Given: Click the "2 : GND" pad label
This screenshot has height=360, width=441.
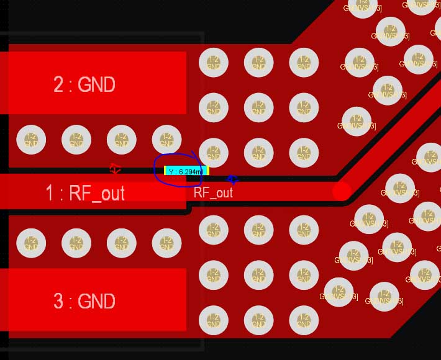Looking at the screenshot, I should coord(84,84).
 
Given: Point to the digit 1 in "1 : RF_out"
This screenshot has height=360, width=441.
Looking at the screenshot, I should coord(50,193).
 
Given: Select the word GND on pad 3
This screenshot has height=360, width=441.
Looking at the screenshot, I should coord(96,302).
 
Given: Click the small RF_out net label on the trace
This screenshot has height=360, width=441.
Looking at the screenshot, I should coord(213,192).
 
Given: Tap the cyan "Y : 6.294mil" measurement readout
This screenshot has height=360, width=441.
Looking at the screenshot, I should coord(186,171).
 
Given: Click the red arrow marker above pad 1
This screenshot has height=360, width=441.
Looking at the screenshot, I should coord(115,168).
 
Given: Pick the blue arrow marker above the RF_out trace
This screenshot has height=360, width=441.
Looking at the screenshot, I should coord(232,180).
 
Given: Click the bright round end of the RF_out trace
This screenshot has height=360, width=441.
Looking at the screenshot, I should coord(342,191).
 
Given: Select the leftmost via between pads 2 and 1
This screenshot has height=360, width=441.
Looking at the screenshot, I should coord(31,140).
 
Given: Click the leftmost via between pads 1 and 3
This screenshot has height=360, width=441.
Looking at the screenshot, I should coord(31,243).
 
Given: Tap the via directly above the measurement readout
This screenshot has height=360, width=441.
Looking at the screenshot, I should coord(166,140).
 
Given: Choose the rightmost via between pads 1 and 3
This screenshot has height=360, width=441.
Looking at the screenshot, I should coord(166,243).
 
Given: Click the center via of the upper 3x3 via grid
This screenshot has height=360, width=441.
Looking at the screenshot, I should coord(258,107).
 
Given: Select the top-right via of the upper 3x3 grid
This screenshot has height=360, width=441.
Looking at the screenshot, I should coord(304,62).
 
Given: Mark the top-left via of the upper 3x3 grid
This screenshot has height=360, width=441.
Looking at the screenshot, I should coord(213,62).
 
